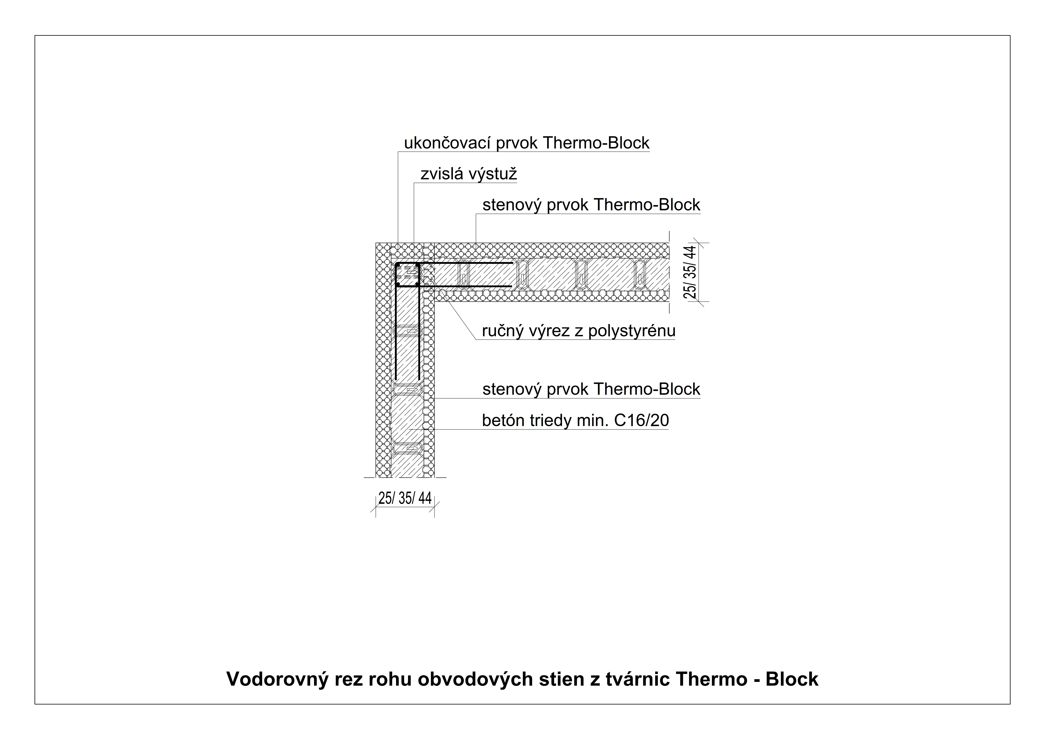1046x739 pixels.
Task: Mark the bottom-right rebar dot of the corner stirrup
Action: pyautogui.click(x=417, y=285)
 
